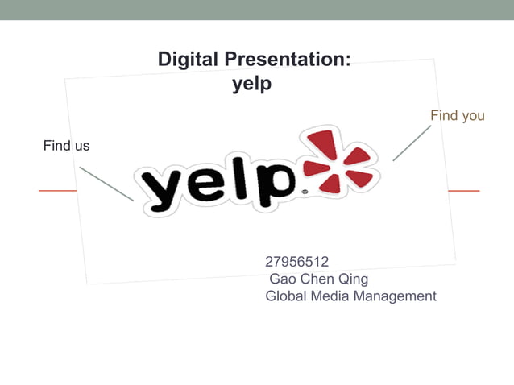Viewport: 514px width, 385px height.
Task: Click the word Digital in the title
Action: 188,60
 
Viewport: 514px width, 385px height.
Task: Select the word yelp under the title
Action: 252,84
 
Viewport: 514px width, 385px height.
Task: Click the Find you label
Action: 457,116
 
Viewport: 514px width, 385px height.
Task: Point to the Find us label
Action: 66,146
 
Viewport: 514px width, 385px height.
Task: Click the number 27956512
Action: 296,261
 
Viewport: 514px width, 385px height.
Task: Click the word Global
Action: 287,296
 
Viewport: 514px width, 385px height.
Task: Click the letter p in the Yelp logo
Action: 273,184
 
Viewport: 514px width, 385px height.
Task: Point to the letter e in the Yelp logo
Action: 209,187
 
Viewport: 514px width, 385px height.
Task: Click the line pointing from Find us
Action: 106,184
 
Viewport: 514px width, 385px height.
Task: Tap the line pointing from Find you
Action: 412,143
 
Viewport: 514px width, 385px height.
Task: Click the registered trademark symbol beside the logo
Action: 304,193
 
